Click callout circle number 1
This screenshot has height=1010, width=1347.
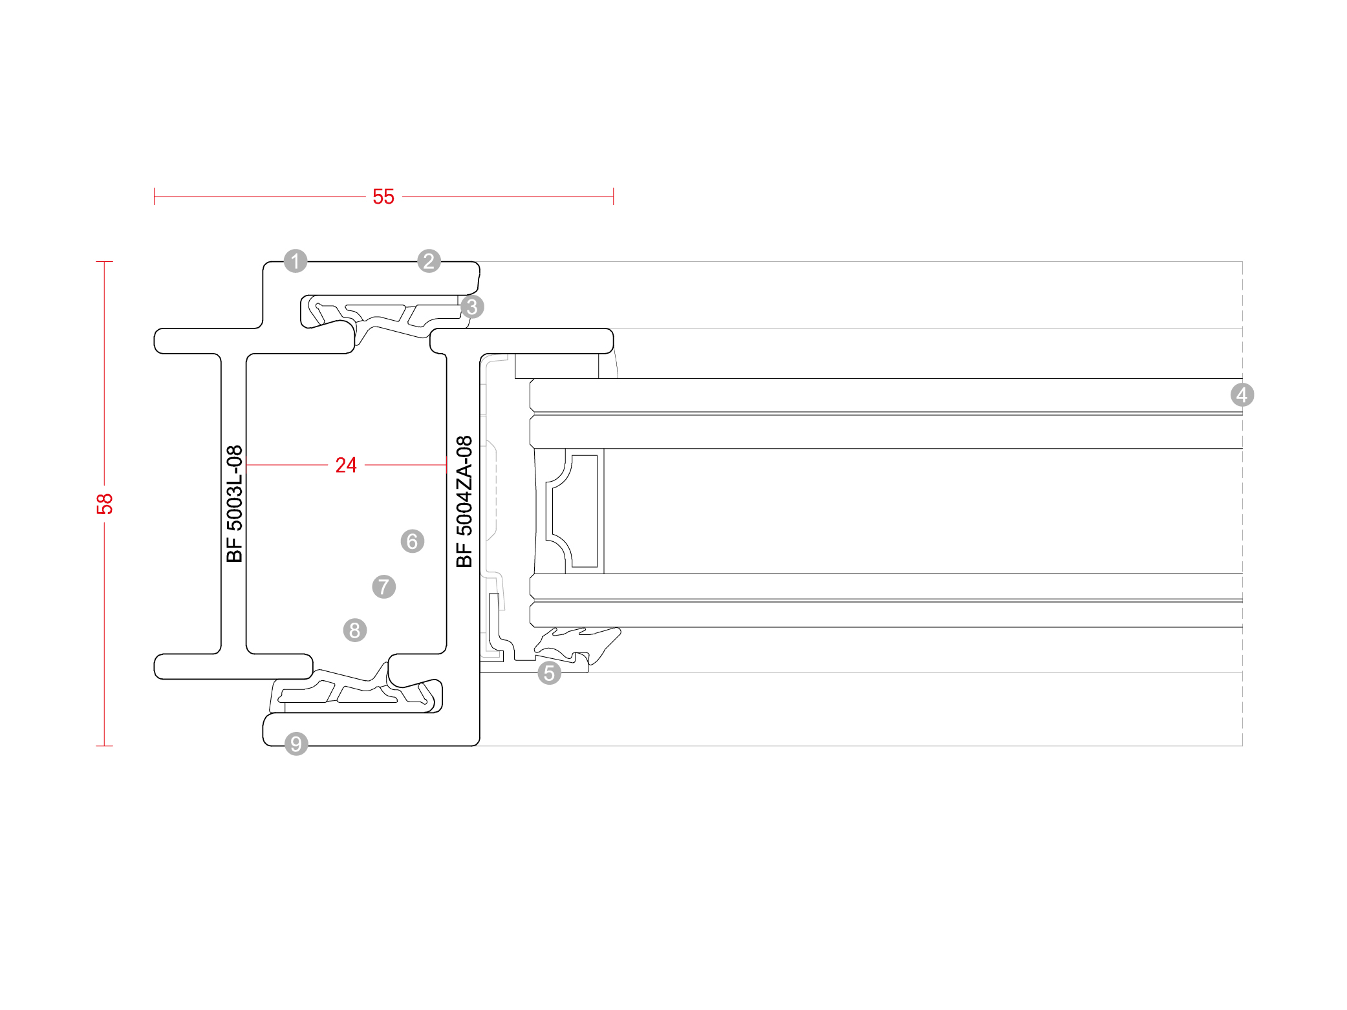coord(296,261)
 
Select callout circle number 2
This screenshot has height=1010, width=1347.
coord(429,261)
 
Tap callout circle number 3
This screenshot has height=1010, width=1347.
coord(472,306)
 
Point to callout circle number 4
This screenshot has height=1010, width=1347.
coord(1242,394)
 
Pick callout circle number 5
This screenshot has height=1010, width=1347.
coord(549,673)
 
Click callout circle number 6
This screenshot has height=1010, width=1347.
coord(413,541)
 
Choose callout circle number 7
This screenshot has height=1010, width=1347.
coord(384,587)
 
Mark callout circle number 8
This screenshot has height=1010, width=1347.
coord(355,630)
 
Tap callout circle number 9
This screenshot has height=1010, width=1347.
coord(296,744)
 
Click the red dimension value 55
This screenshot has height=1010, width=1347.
coord(383,197)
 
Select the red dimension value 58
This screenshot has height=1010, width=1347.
coord(105,504)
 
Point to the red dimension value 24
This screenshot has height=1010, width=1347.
coord(346,465)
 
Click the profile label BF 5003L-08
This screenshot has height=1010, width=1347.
coord(234,504)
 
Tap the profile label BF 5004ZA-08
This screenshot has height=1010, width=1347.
coord(464,502)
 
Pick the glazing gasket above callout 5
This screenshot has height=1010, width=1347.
coord(576,643)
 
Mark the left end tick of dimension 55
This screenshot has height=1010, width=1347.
coord(155,197)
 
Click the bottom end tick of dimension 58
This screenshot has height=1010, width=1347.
coord(105,746)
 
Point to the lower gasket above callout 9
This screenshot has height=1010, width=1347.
coord(356,692)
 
